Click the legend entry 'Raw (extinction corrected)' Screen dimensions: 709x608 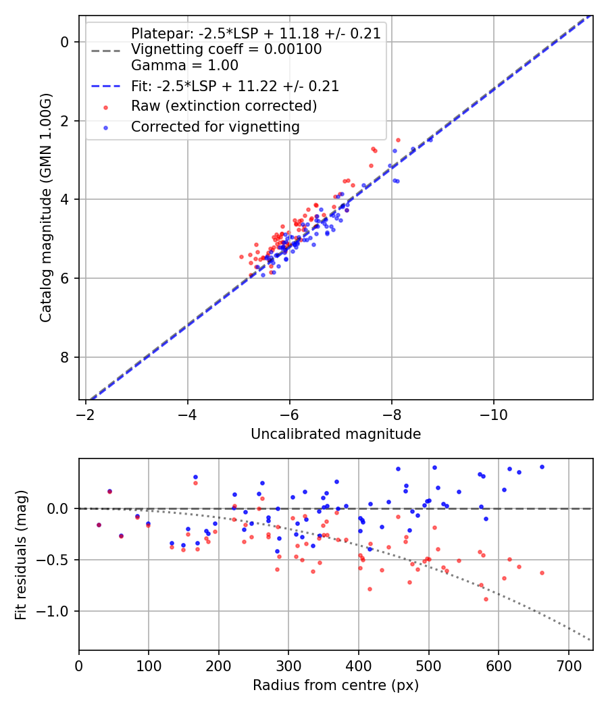(x=224, y=106)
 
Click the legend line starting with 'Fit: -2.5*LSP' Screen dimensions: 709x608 (x=234, y=86)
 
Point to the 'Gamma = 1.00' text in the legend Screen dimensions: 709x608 (x=184, y=66)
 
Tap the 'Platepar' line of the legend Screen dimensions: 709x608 (x=257, y=33)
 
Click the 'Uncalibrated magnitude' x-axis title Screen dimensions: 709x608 (x=336, y=434)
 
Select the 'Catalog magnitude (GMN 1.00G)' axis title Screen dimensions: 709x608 (x=45, y=207)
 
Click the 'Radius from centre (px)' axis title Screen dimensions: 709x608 (x=336, y=685)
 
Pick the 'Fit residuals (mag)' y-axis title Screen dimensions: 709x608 (x=21, y=554)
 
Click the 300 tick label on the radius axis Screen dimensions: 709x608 (x=288, y=665)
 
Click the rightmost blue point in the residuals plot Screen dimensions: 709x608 (x=542, y=467)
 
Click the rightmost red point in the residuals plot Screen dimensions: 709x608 (x=542, y=573)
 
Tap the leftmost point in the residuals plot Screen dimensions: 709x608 (x=99, y=525)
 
